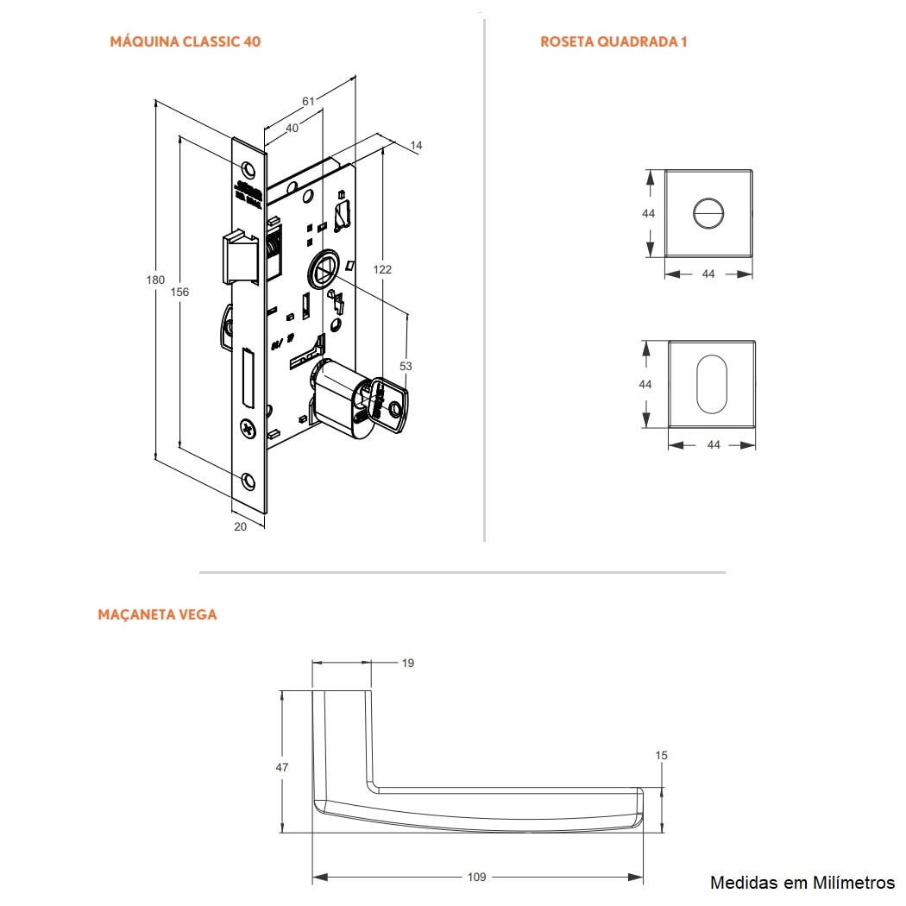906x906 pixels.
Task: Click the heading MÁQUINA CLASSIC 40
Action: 186,41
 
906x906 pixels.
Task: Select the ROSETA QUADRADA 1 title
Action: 613,41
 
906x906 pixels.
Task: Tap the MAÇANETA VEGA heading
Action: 157,614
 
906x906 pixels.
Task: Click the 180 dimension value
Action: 155,280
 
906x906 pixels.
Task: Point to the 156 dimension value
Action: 179,292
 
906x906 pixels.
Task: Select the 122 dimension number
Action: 382,269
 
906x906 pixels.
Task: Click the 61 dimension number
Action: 308,101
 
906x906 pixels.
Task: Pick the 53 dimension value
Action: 406,366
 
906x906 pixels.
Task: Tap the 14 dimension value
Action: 417,146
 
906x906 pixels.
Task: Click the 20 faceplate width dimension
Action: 240,526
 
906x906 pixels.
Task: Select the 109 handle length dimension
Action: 476,877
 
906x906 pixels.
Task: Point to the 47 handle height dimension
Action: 282,767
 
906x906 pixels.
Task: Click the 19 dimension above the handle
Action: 408,663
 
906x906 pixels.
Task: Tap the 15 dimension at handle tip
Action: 662,755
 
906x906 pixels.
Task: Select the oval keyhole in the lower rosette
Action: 713,384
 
